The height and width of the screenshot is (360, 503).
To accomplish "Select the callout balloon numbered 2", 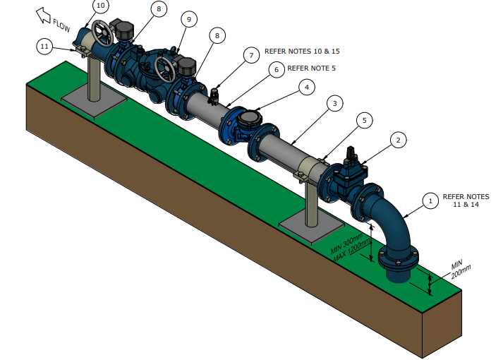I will pyautogui.click(x=398, y=140).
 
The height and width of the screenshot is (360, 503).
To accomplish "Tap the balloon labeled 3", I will pyautogui.click(x=336, y=103).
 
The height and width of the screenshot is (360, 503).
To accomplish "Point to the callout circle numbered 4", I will pyautogui.click(x=306, y=87).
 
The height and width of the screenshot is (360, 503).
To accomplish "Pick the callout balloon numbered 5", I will pyautogui.click(x=364, y=121).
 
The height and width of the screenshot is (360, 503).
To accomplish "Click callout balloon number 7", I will pyautogui.click(x=251, y=54).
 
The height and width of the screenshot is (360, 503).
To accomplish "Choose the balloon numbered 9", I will pyautogui.click(x=188, y=20).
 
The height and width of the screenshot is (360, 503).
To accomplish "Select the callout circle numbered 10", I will pyautogui.click(x=101, y=6).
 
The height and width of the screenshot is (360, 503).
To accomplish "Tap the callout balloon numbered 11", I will pyautogui.click(x=45, y=47).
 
